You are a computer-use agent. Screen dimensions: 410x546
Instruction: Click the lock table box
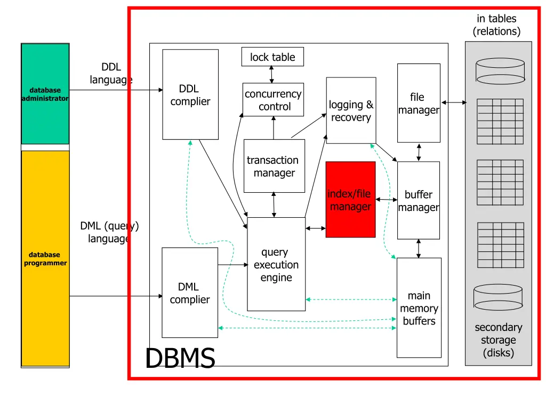272,57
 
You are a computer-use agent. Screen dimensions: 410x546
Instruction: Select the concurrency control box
273,100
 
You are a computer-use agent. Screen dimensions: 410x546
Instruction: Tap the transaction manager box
274,166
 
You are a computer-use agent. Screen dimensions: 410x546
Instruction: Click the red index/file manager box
350,200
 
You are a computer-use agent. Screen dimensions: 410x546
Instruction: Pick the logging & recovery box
351,111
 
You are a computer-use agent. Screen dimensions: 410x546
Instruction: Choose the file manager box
419,103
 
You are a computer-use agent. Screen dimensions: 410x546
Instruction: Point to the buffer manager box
419,201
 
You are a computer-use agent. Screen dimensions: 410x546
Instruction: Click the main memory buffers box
419,308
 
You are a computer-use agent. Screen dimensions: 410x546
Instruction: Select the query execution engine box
276,264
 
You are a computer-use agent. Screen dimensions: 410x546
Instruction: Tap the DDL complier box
190,94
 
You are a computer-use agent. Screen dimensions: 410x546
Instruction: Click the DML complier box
190,293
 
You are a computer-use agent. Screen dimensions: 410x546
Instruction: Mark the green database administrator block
45,94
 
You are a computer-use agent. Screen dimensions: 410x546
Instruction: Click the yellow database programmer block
45,258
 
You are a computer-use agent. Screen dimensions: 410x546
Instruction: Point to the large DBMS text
180,358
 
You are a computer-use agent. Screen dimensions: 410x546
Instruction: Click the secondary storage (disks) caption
499,340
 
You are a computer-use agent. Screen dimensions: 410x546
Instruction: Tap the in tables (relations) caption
496,25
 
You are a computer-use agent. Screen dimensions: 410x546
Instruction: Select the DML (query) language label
109,232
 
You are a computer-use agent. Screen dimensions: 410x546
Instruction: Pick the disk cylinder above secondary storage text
498,297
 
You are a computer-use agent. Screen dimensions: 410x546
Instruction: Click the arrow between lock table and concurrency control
272,75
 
